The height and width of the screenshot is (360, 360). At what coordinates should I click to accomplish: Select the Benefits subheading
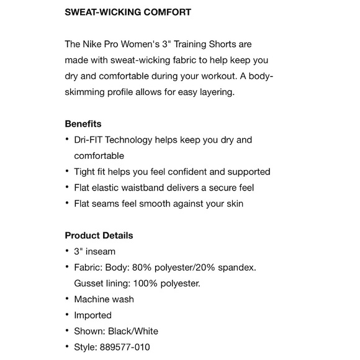point(83,124)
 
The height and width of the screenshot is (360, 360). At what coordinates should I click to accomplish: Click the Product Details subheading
point(99,235)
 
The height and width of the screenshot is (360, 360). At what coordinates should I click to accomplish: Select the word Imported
point(92,315)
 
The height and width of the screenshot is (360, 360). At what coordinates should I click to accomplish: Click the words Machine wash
point(104,299)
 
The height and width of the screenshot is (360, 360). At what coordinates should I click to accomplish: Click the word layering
point(215,92)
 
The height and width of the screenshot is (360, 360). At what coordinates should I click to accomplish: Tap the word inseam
point(100,251)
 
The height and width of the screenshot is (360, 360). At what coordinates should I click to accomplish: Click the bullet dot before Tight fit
point(67,172)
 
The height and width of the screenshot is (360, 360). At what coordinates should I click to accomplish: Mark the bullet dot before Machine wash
point(67,299)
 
